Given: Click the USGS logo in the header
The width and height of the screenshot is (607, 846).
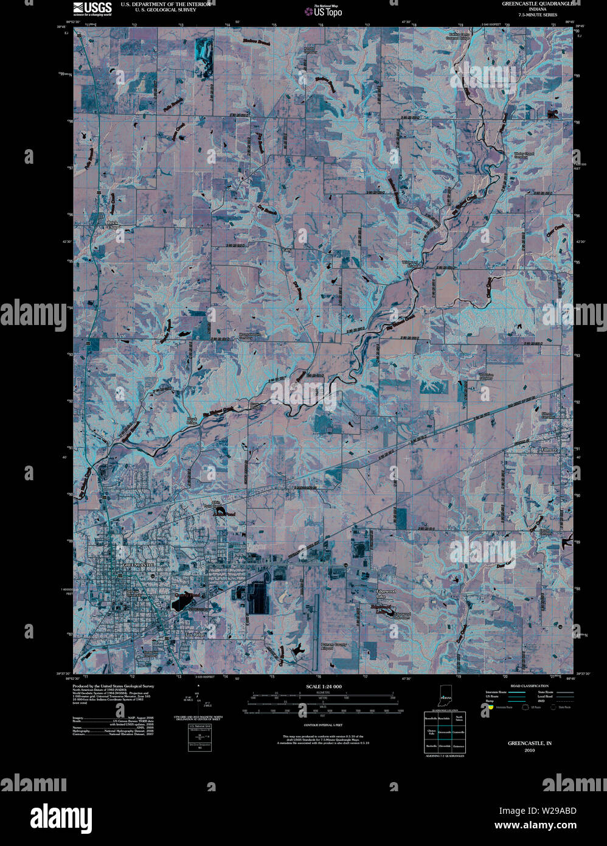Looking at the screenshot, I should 92,8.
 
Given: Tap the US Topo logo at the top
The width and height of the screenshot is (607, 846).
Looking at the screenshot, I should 324,10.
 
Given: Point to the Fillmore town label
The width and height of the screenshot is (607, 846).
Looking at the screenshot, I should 548,450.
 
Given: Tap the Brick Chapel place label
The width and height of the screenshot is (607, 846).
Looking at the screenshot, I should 113,225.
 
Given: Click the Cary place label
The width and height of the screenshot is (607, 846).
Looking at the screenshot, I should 287,250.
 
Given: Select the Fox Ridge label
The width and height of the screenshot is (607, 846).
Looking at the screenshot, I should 195,635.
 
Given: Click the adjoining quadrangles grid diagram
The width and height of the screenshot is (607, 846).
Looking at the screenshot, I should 445,732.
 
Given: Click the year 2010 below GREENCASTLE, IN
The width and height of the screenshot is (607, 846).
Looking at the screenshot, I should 529,750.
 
